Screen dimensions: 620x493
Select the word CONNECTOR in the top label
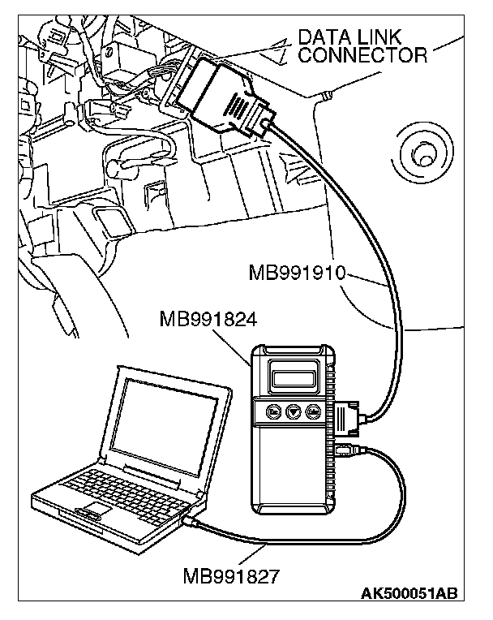(362, 55)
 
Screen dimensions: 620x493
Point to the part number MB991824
(208, 320)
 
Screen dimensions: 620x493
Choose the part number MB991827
(232, 577)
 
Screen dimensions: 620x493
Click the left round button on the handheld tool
(275, 413)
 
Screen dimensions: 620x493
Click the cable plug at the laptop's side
(192, 520)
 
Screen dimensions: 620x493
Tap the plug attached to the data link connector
(223, 98)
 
